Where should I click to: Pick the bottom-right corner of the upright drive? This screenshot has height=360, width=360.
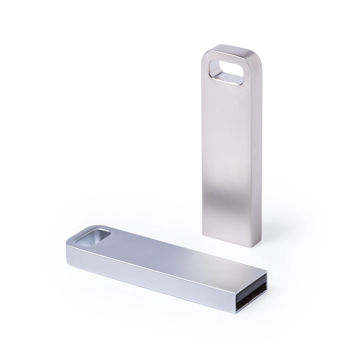point(251,247)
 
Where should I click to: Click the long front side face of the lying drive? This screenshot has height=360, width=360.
point(150,280)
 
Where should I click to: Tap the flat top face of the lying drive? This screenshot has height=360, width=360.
point(173,253)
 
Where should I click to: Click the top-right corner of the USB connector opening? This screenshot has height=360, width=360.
point(267,273)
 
